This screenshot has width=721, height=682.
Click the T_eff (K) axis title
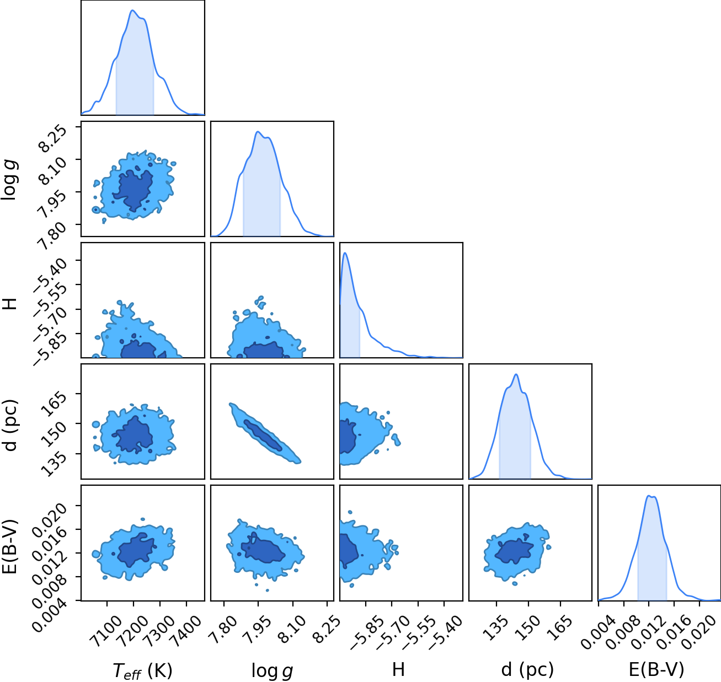pyautogui.click(x=142, y=670)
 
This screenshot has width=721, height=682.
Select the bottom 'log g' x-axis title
pyautogui.click(x=272, y=670)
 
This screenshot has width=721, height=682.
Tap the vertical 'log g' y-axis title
pyautogui.click(x=10, y=181)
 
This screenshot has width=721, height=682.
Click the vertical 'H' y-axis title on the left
pyautogui.click(x=10, y=304)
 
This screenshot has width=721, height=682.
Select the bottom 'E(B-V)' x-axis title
pyautogui.click(x=656, y=670)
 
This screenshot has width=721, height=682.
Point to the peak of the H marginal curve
pyautogui.click(x=345, y=253)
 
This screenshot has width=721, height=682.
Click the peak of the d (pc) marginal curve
pyautogui.click(x=516, y=374)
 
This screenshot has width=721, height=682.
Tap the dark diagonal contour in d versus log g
pyautogui.click(x=263, y=435)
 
